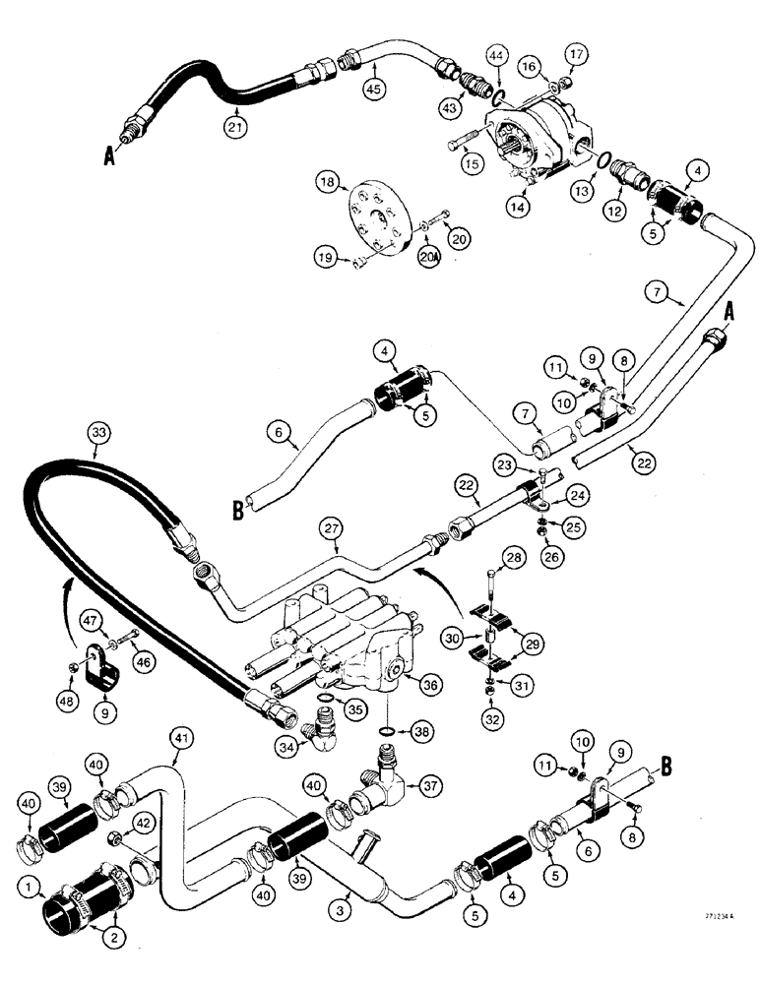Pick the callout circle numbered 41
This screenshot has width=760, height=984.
click(x=179, y=732)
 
